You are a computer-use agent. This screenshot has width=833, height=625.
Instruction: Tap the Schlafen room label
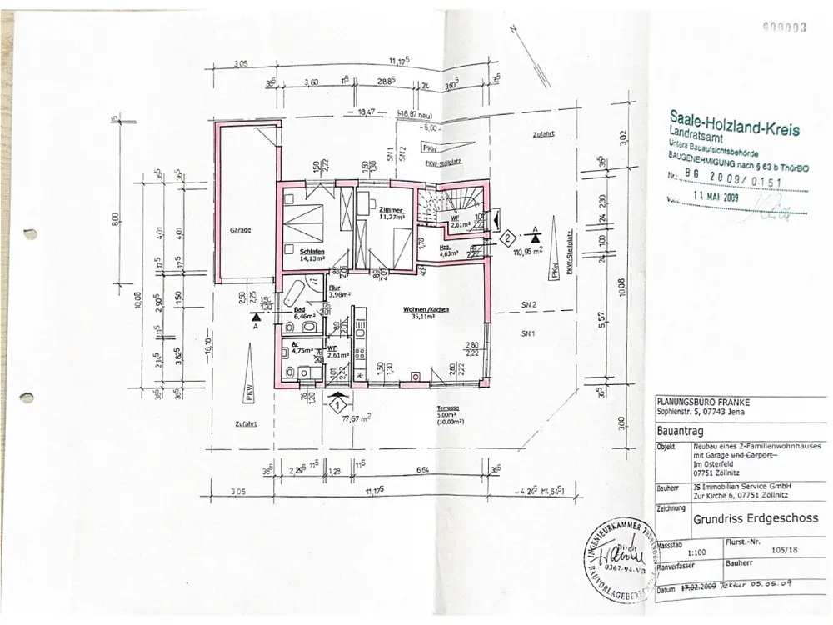point(312,251)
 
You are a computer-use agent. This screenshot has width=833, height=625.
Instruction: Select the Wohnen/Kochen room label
point(428,309)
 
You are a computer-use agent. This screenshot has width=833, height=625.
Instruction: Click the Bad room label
point(301,309)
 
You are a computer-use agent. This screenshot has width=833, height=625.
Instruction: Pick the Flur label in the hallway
point(312,287)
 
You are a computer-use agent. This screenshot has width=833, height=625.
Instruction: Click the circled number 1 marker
point(337,405)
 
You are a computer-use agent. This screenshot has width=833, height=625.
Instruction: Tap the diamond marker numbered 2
point(506,238)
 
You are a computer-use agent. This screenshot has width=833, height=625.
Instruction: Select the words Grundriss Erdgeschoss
point(754,517)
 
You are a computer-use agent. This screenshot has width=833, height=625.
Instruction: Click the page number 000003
point(788,27)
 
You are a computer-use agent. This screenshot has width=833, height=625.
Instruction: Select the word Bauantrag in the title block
point(679,432)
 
